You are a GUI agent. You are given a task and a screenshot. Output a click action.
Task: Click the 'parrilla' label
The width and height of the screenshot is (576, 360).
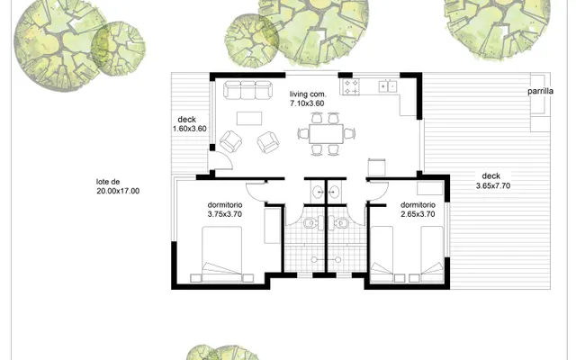coord(540,91)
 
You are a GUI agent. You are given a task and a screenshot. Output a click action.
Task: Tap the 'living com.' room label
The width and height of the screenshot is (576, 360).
coord(308,94)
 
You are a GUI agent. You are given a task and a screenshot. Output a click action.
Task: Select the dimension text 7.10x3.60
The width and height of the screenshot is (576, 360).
coord(307,103)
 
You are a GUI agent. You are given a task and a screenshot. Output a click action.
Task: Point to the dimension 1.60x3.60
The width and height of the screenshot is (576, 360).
coord(190,129)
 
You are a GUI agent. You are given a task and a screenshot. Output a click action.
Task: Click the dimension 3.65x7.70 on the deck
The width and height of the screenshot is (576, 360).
coord(493,186)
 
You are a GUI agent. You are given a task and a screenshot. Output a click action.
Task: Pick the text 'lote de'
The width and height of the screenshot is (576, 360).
coord(108,182)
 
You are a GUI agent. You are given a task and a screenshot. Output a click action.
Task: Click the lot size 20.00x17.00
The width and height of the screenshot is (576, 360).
coord(118,191)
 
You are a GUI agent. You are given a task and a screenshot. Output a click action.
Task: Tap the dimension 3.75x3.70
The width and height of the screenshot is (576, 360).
coord(225,214)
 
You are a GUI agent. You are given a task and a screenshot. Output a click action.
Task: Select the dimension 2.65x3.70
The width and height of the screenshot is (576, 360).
coord(418,214)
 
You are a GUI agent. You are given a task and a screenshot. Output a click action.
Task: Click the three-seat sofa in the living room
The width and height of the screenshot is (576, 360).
coord(248,90)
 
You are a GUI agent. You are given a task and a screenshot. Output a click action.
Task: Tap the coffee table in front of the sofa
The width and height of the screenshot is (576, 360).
coord(249,119)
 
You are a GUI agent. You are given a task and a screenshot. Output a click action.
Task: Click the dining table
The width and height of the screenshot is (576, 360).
coord(326,134)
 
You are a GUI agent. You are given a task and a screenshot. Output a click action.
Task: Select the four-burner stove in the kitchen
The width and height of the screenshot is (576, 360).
coord(351,86)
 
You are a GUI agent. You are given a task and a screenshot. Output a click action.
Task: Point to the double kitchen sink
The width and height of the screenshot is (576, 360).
coord(388,86)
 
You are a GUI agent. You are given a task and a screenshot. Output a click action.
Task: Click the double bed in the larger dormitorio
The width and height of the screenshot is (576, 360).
coord(222,254)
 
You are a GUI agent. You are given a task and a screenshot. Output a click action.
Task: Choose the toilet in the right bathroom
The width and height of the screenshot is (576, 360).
coord(341,222)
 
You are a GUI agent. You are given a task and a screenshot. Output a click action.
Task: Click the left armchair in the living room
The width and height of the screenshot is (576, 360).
coord(230,141)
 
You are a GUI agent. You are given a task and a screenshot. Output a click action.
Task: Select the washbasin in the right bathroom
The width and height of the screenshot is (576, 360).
coord(335,192)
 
